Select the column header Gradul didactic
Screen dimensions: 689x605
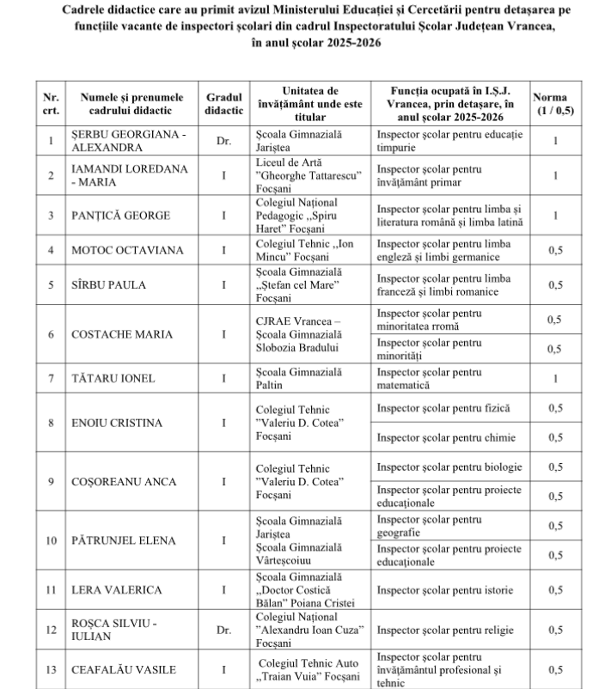tap(223, 104)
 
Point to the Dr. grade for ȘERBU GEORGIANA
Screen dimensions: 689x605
tap(223, 140)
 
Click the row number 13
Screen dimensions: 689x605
tap(52, 670)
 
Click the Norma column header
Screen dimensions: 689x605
tap(555, 104)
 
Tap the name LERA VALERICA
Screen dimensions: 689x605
tap(117, 590)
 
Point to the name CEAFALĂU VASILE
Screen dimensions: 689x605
tap(125, 670)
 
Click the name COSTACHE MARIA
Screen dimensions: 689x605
tap(121, 334)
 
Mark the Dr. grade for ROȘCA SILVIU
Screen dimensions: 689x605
tap(223, 630)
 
